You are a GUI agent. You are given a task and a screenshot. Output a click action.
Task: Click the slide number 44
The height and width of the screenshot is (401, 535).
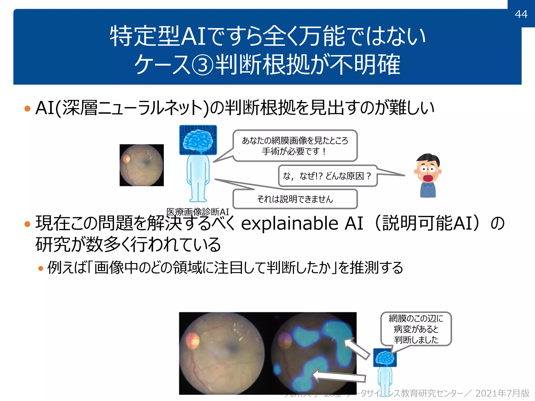(x=521, y=14)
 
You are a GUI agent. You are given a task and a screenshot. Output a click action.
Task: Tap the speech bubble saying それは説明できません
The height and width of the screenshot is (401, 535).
(x=295, y=199)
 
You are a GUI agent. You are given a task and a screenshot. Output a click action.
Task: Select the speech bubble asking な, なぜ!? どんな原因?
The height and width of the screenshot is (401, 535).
(x=327, y=176)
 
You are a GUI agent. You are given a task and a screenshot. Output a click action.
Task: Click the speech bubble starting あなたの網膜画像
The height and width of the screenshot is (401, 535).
(x=295, y=146)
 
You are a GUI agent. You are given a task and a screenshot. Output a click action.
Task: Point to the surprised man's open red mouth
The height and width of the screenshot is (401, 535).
(x=428, y=178)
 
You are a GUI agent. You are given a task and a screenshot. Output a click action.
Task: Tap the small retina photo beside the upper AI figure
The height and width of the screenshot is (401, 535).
(x=142, y=165)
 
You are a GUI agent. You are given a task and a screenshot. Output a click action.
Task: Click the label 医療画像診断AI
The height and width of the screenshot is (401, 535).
(x=197, y=212)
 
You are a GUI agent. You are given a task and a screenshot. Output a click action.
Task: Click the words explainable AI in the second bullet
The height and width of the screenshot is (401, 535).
(x=302, y=223)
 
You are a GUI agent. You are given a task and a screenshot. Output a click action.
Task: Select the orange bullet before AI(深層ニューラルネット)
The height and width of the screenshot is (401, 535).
(x=27, y=108)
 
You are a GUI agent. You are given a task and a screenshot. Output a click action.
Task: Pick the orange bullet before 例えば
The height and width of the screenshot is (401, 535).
(x=40, y=268)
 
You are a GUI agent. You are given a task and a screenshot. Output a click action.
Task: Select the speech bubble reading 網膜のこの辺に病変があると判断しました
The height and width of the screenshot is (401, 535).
(x=416, y=329)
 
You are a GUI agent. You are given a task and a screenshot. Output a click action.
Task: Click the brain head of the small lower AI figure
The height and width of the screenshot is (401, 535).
(x=385, y=358)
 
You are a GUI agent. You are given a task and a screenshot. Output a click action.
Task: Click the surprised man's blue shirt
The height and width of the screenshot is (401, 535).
(x=428, y=190)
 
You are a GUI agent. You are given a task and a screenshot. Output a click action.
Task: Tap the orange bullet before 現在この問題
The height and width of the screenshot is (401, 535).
(x=27, y=224)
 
